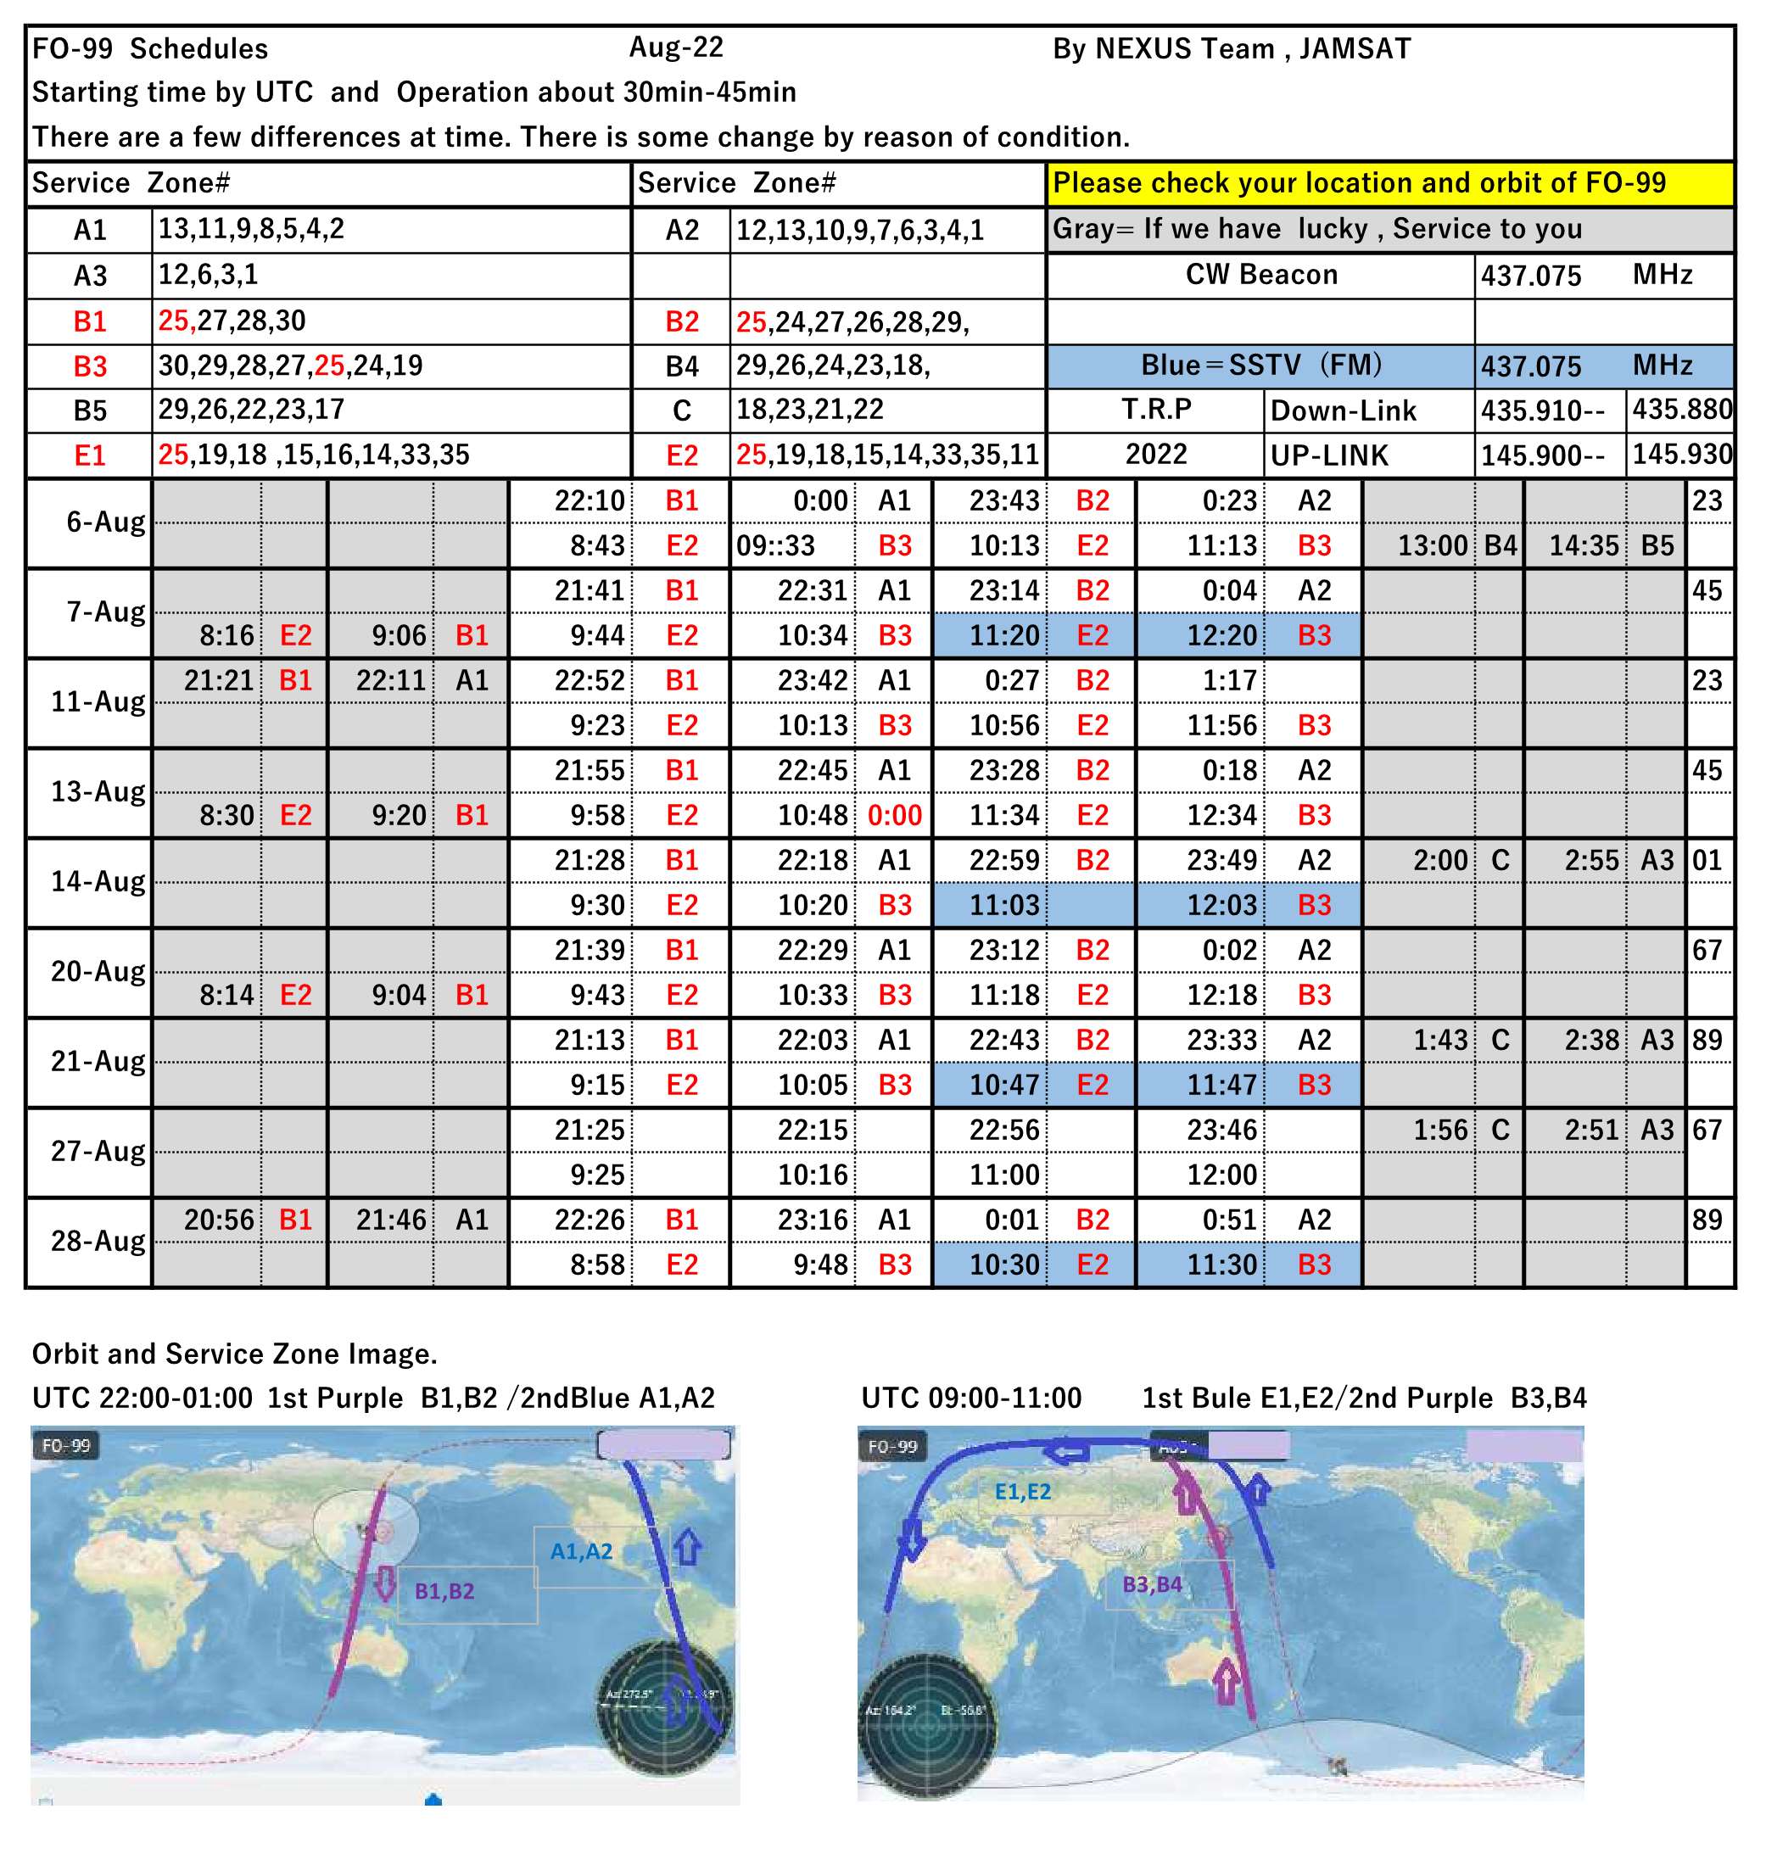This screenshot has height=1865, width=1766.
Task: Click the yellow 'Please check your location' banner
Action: [x=1389, y=182]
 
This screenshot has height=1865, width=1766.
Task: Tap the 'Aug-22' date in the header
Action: [x=676, y=47]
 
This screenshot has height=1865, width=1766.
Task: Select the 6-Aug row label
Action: [x=104, y=522]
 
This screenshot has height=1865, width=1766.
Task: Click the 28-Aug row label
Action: [x=97, y=1241]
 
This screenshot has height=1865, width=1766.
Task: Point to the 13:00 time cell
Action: [x=1431, y=545]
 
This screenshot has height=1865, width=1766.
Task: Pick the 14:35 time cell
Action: [x=1584, y=545]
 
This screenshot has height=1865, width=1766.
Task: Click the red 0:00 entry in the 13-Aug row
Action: [x=894, y=815]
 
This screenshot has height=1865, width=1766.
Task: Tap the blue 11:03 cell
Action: [x=1003, y=906]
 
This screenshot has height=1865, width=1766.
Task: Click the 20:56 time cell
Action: [x=218, y=1220]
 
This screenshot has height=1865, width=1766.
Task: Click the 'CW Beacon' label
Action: [x=1260, y=275]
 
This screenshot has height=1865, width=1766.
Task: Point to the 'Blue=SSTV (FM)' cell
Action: [x=1260, y=366]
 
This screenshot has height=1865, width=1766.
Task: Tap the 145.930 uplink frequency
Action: [x=1681, y=455]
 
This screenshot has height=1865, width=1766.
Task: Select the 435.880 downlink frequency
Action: [x=1681, y=410]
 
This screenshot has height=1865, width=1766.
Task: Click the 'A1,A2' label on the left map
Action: [x=581, y=1550]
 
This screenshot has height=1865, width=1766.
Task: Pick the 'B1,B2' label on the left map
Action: [x=444, y=1590]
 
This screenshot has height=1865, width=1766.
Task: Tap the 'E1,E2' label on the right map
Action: [x=1022, y=1491]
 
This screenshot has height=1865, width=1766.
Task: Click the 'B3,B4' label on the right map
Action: [x=1152, y=1583]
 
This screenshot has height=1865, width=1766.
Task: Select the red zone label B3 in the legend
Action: [x=89, y=366]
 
